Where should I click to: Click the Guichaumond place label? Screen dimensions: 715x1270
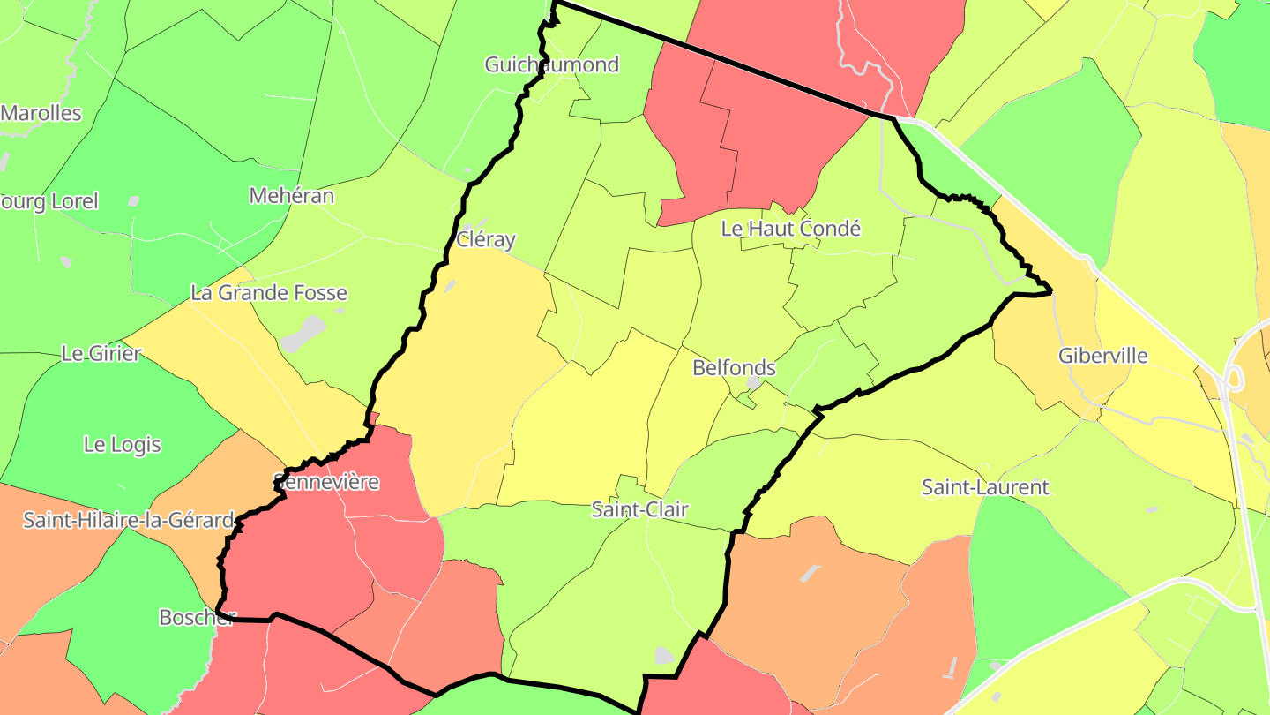tap(552, 64)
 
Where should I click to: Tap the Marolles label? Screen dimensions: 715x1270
tap(41, 113)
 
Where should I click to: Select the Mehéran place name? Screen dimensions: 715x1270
tap(292, 195)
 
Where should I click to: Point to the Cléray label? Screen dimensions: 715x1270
tap(486, 239)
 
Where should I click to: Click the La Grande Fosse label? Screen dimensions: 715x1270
tap(269, 292)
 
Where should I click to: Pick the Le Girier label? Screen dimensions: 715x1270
tap(101, 354)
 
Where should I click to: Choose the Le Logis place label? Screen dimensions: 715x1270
tap(123, 444)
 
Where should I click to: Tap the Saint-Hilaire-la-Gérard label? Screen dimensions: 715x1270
tap(129, 520)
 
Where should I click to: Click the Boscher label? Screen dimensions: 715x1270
tap(197, 617)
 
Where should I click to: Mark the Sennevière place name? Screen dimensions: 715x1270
tap(326, 482)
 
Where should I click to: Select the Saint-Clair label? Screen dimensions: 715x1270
tap(639, 509)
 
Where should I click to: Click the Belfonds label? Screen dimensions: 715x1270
tap(734, 367)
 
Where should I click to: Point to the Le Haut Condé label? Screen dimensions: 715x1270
tap(790, 228)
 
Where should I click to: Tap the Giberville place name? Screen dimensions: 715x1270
tap(1103, 356)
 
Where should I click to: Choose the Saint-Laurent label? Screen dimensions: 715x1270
tap(985, 486)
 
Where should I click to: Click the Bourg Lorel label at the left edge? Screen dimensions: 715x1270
tap(49, 200)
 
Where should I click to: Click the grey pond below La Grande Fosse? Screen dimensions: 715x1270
tap(302, 335)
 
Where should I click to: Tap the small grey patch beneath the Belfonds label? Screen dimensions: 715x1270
tap(754, 384)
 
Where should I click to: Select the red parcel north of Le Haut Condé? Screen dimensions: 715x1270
tap(767, 132)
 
